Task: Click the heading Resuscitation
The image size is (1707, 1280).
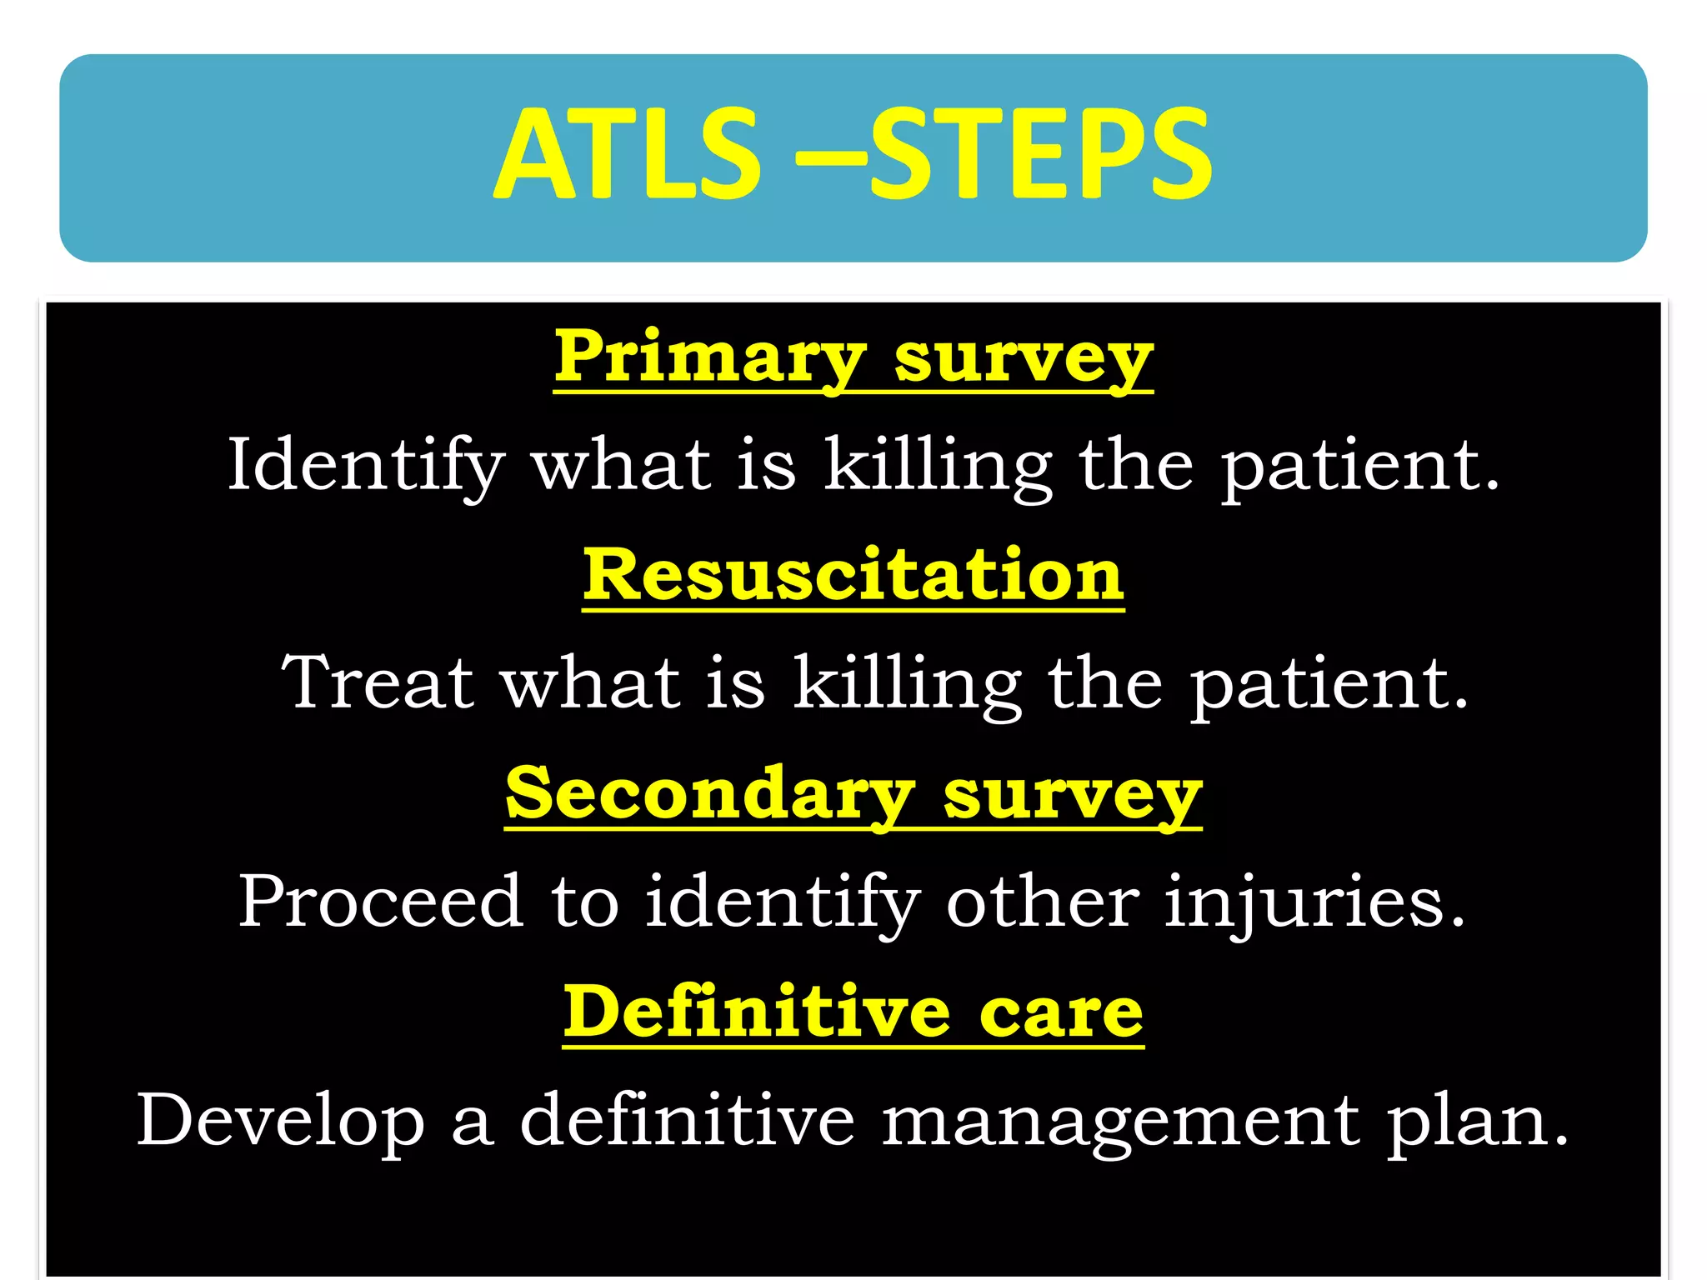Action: click(853, 575)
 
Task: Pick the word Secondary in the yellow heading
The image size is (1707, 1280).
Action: click(710, 793)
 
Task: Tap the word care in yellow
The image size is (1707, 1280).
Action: click(1060, 1015)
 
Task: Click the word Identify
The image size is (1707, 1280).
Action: click(367, 465)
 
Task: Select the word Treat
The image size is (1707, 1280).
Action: click(378, 682)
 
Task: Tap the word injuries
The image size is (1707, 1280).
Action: click(1314, 902)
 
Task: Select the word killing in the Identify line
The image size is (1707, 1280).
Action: click(938, 467)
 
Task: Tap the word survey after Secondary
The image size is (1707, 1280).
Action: click(1072, 796)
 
